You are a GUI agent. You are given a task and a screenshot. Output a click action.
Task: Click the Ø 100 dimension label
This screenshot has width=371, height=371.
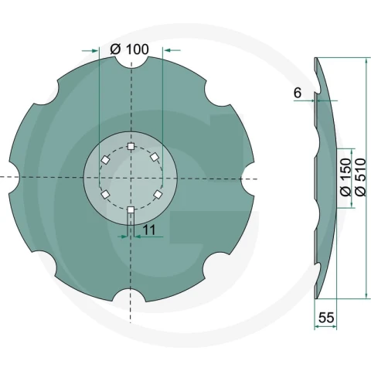coord(129,49)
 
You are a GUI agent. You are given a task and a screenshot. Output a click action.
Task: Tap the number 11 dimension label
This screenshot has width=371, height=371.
coord(149,230)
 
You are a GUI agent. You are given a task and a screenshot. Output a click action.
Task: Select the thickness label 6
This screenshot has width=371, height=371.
coord(298,93)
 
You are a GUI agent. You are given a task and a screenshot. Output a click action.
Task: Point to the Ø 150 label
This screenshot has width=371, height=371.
coord(345,177)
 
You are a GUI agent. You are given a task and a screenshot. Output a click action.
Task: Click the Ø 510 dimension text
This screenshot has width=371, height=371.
coord(360,177)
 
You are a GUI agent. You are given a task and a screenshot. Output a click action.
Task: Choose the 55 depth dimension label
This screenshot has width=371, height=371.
coord(326,318)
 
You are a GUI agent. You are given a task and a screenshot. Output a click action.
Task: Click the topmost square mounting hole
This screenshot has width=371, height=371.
coord(131,147)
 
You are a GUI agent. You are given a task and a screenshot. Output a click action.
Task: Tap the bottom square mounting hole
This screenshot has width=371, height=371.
coord(131,209)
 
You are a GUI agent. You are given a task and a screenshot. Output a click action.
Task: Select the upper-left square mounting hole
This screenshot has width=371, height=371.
coord(105,160)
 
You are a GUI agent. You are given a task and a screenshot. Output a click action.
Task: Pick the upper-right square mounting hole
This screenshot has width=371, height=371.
coord(155,157)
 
